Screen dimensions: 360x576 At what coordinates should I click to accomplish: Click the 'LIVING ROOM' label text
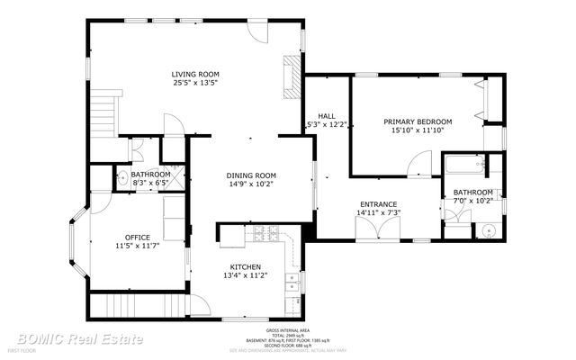coord(196,74)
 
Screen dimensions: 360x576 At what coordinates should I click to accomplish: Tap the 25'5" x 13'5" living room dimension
coord(196,83)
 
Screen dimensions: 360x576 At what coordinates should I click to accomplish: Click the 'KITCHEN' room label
coord(245,267)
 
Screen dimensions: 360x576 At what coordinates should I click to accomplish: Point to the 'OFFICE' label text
coord(137,237)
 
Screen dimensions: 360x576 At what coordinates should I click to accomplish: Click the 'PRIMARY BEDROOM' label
coord(418,121)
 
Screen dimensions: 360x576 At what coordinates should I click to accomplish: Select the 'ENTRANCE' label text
coord(379,204)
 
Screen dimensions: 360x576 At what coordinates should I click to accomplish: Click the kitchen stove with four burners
coord(265,234)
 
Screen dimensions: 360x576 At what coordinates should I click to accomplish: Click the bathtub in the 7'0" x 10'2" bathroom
coord(463,166)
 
